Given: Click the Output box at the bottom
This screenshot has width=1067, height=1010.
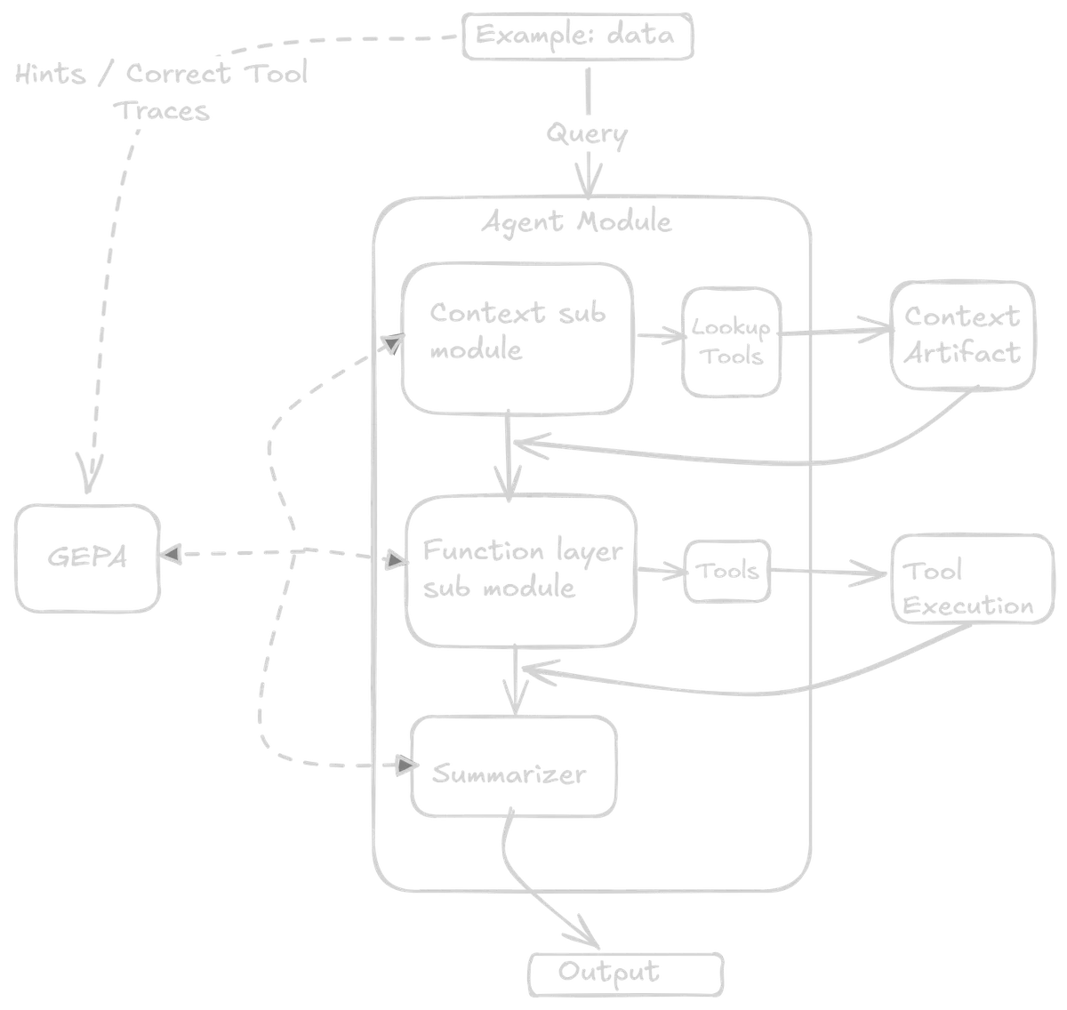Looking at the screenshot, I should pos(629,973).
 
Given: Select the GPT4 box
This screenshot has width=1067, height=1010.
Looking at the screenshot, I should pos(85,557).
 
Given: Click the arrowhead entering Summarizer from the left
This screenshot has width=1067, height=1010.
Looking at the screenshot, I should pos(405,763).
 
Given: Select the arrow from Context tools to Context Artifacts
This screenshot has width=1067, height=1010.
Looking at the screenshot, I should pos(836,334).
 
